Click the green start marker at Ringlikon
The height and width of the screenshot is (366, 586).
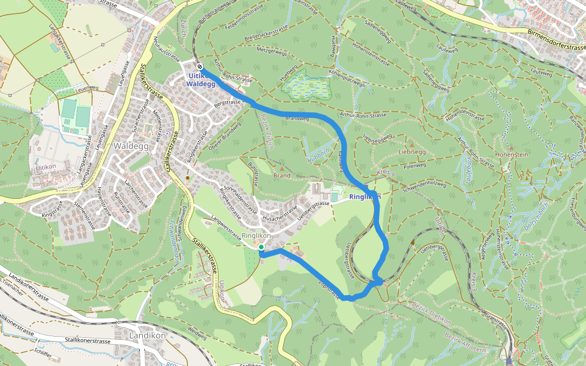pos(261,247)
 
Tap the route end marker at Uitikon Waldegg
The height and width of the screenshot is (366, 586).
pos(200,66)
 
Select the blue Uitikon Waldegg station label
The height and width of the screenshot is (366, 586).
pos(201,80)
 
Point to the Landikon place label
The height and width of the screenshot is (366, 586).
pos(148,335)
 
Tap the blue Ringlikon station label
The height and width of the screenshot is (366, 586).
pos(364,197)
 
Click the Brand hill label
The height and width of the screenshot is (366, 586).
pos(281,176)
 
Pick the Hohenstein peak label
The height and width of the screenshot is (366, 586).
pos(512,155)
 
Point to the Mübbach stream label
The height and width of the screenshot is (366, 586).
pos(318,153)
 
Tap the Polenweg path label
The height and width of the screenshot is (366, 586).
pos(414,165)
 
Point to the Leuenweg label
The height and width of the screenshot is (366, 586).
pos(87,88)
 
